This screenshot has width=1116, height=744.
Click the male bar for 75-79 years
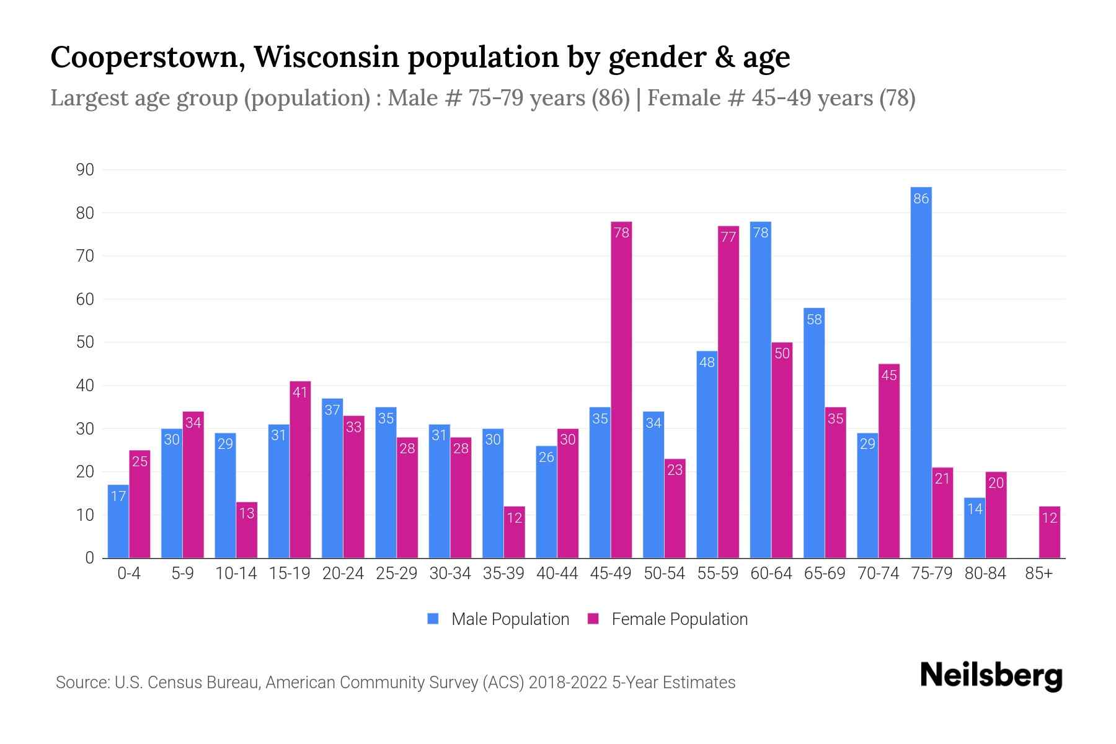click(x=921, y=372)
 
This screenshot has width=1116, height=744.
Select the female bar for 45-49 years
click(x=621, y=391)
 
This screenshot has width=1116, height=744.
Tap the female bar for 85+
click(x=1049, y=532)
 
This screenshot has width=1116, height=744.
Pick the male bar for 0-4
click(x=118, y=521)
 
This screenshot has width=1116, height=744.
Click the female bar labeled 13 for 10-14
click(x=247, y=530)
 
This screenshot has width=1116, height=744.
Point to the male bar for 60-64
click(x=760, y=391)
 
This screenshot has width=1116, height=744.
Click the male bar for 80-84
click(x=974, y=528)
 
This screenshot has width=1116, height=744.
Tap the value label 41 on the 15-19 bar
click(x=300, y=392)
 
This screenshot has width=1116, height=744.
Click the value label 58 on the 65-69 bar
click(x=814, y=319)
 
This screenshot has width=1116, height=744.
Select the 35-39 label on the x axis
click(x=503, y=573)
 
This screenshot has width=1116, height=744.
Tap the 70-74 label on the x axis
click(x=878, y=573)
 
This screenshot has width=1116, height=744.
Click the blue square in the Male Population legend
click(x=433, y=619)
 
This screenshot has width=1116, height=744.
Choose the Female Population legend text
click(x=680, y=619)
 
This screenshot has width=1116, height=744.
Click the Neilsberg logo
click(x=991, y=676)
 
